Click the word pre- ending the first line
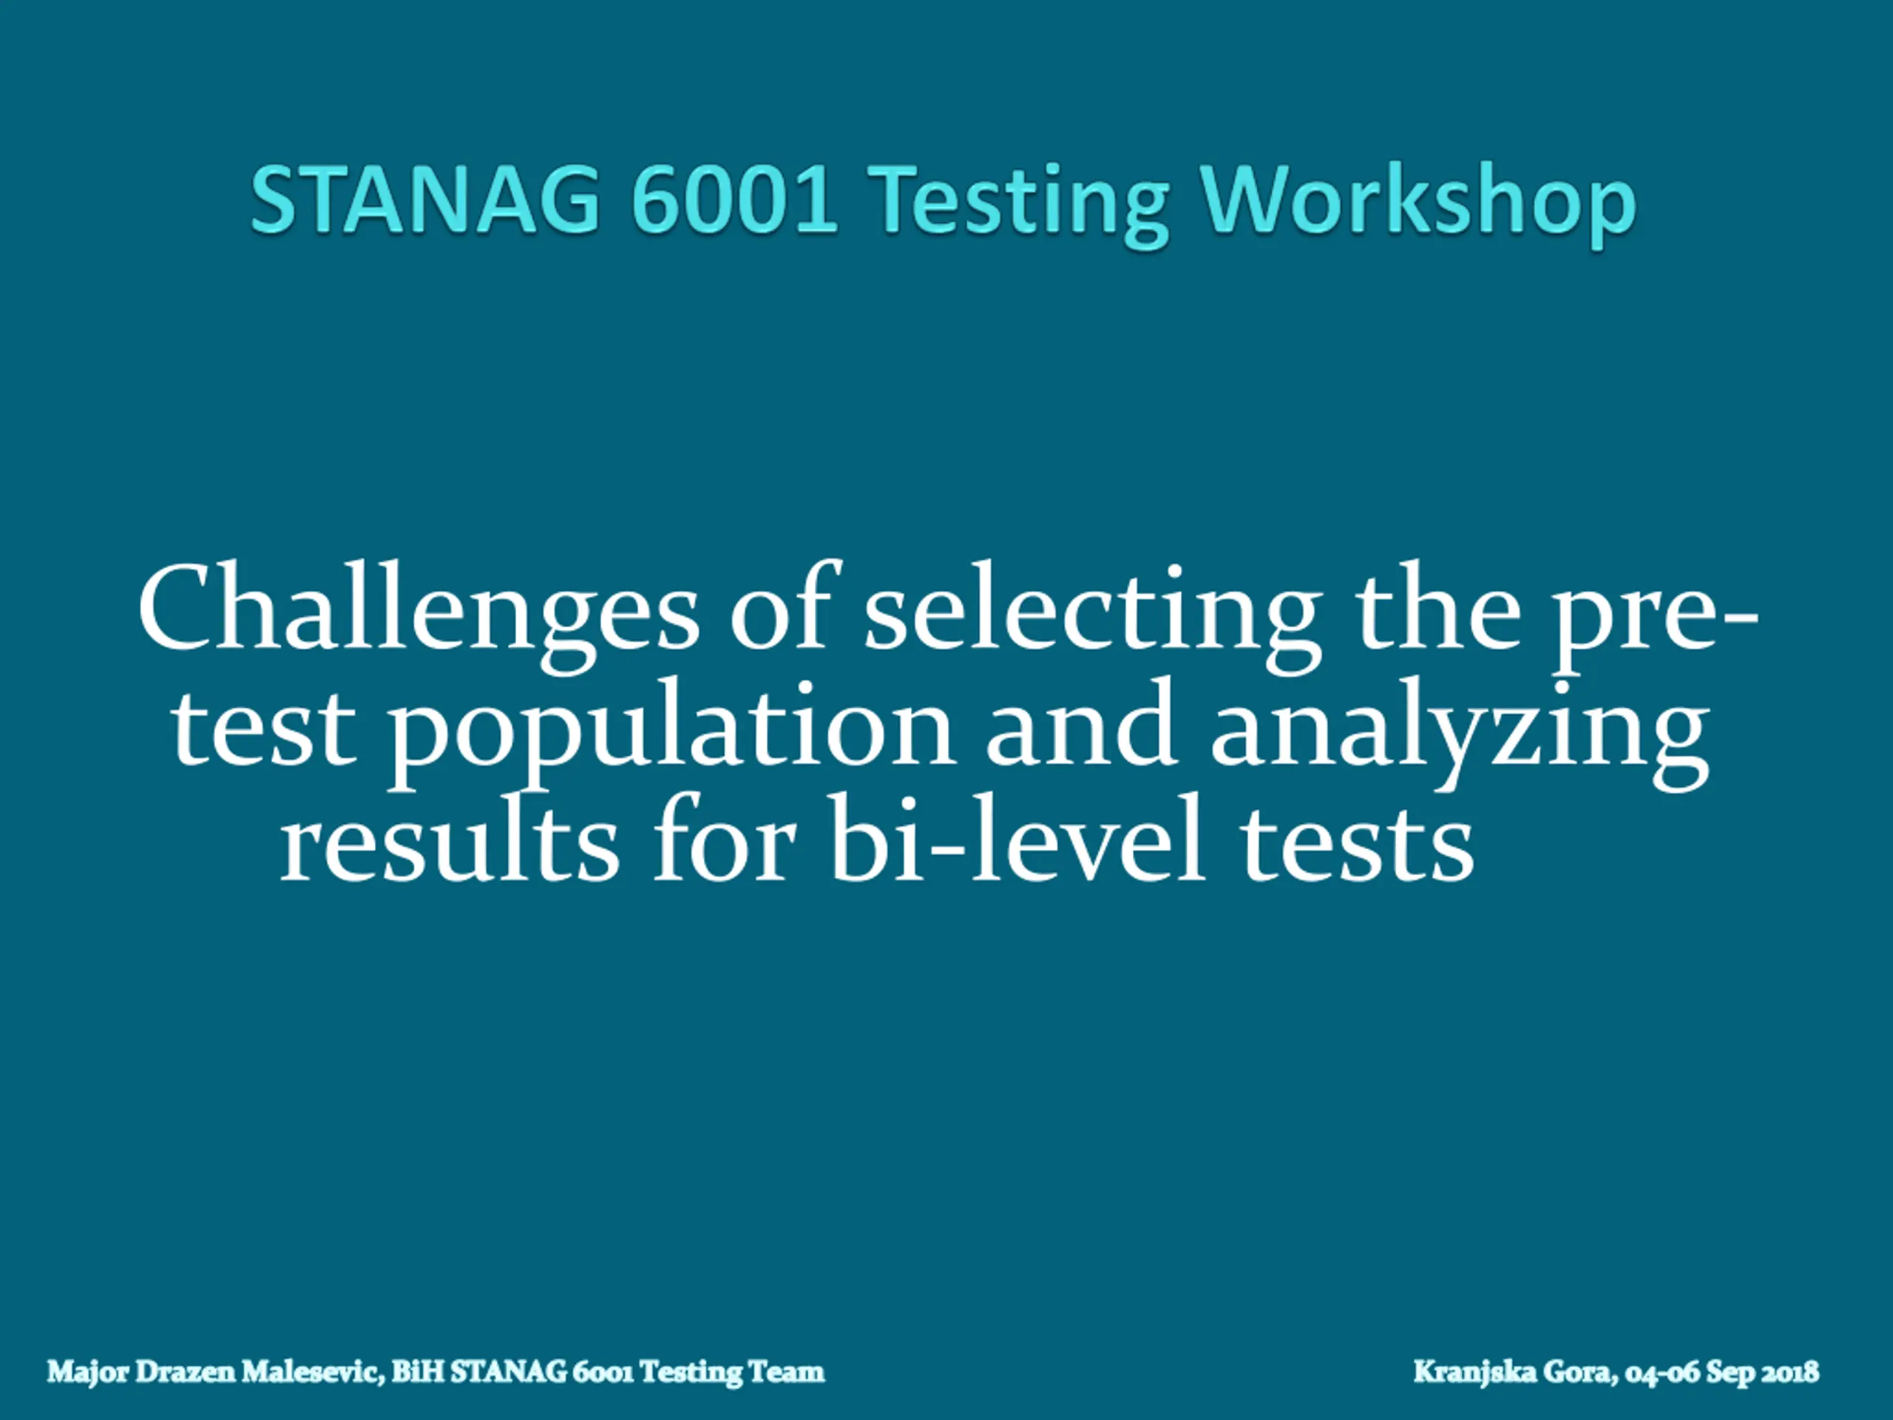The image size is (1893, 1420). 1655,621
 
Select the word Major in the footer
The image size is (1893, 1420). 88,1372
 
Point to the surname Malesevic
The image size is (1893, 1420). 311,1372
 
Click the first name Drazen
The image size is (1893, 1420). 186,1372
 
